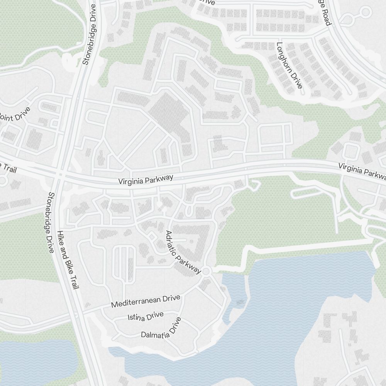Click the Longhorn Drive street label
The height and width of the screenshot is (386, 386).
pos(289,65)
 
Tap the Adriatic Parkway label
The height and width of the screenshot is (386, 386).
pos(183,252)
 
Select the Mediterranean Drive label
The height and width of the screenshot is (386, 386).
pos(146,301)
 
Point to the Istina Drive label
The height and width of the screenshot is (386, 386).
pos(146,316)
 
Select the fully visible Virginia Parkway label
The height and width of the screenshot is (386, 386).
pos(146,180)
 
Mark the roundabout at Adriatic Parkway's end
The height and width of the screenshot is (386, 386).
pos(206,272)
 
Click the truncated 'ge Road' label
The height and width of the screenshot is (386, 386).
pos(324,14)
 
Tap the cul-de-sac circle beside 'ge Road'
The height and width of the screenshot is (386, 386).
pos(365,12)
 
